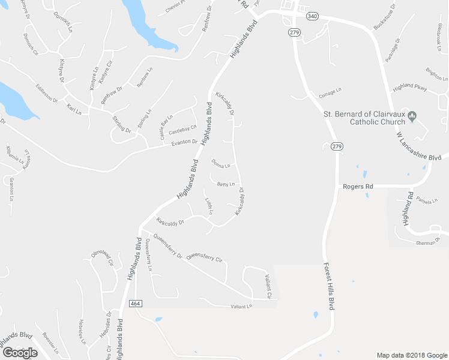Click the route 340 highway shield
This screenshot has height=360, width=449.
312,16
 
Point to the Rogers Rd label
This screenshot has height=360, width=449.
358,187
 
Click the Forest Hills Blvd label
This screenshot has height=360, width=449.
328,286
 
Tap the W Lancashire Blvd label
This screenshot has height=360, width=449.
420,145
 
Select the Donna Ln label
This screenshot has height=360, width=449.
221,164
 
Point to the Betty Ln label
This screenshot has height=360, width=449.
225,184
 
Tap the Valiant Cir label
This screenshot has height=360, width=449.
268,286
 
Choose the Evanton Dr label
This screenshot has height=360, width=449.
184,142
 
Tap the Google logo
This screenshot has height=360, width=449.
20,353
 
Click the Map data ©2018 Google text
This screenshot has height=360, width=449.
412,355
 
